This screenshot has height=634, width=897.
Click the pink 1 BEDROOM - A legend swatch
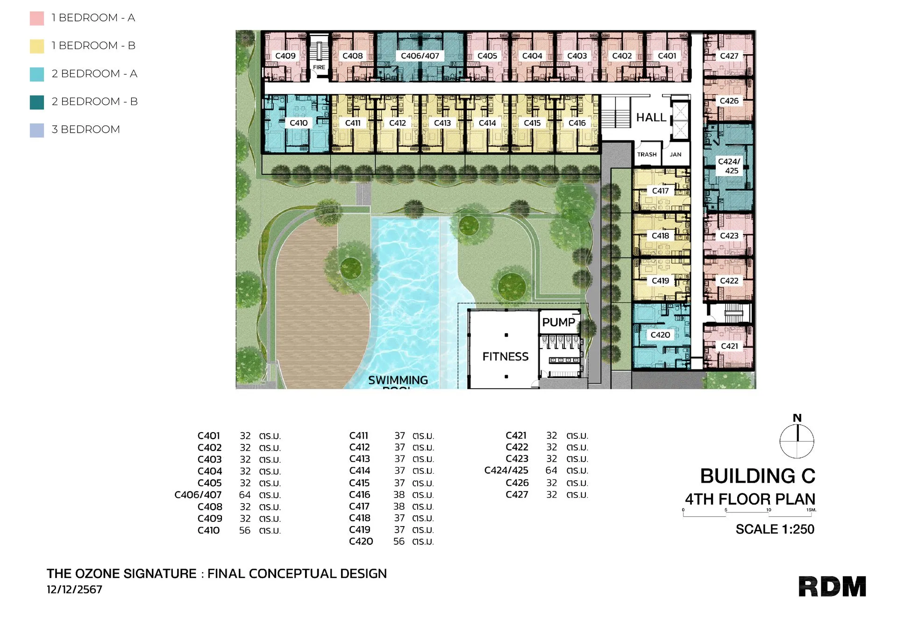[x=37, y=18]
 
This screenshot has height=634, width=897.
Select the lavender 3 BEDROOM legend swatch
[x=37, y=130]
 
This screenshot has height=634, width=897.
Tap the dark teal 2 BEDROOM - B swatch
[x=37, y=102]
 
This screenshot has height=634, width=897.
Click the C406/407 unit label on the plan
[x=420, y=56]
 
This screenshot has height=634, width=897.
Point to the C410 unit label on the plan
[x=299, y=123]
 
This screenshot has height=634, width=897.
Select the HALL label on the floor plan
[x=651, y=117]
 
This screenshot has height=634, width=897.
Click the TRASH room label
[x=647, y=154]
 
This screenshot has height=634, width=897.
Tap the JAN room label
[x=676, y=154]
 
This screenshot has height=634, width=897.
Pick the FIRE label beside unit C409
[x=319, y=67]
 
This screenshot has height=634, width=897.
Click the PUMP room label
[x=559, y=322]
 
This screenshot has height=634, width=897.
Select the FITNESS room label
[x=505, y=356]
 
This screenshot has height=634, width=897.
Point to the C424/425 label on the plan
[x=729, y=166]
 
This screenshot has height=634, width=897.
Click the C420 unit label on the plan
[x=660, y=335]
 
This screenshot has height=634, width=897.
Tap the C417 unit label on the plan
[x=660, y=191]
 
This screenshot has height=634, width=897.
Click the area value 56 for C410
[x=245, y=530]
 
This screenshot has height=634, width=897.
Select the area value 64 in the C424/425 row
[x=551, y=470]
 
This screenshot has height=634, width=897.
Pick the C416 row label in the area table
[x=360, y=494]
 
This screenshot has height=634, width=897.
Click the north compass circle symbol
[x=797, y=441]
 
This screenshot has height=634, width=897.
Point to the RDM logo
[x=832, y=586]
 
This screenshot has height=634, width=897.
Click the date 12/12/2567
[x=74, y=590]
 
